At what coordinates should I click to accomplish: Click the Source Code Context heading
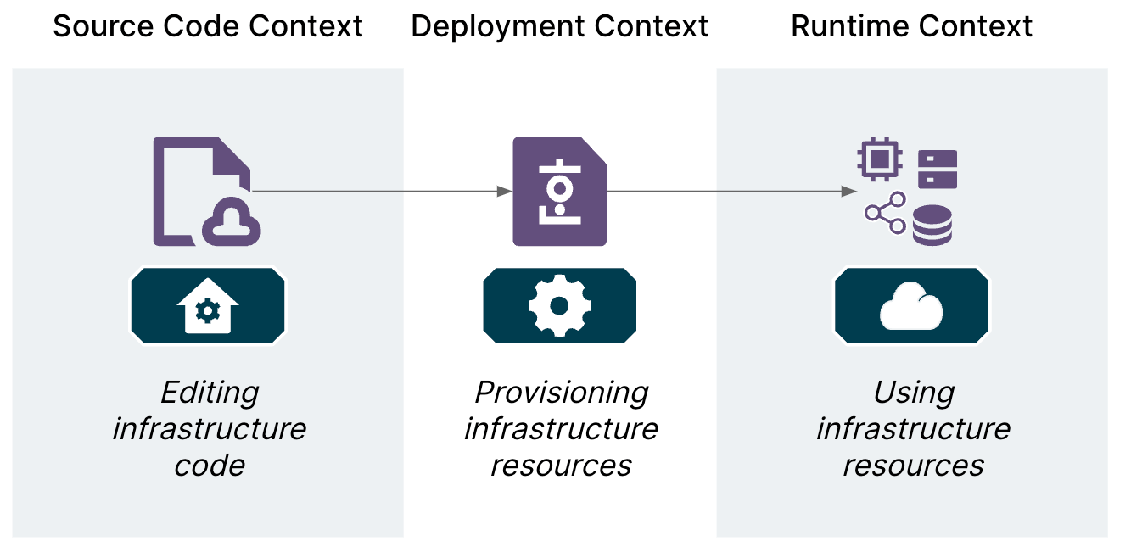[x=208, y=26]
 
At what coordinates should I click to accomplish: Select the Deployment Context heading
[x=559, y=26]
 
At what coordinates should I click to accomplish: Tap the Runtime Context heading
[x=911, y=26]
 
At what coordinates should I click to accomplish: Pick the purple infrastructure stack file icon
[x=559, y=192]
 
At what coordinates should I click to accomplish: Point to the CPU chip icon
[x=879, y=159]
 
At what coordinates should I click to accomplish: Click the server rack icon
[x=937, y=169]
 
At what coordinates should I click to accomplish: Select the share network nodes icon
[x=885, y=213]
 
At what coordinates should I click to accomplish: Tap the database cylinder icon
[x=932, y=226]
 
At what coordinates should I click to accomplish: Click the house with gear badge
[x=207, y=306]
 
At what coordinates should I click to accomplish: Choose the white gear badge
[x=559, y=306]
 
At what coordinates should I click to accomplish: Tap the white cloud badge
[x=911, y=306]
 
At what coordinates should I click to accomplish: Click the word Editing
[x=210, y=393]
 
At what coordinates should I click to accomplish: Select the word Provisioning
[x=561, y=393]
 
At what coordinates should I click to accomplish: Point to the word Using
[x=914, y=393]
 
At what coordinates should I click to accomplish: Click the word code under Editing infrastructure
[x=210, y=465]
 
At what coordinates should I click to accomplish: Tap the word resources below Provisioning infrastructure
[x=561, y=465]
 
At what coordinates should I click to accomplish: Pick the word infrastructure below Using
[x=913, y=428]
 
